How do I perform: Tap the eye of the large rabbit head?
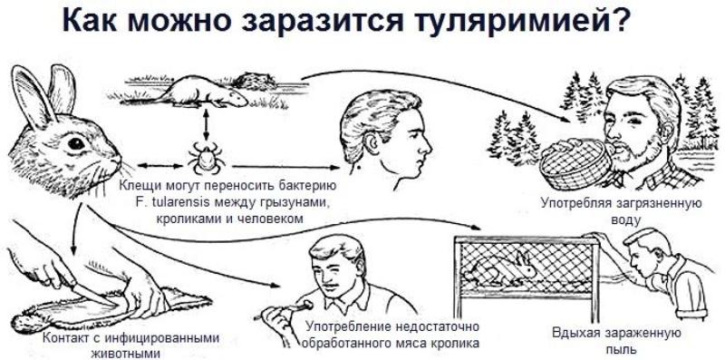pos(76,143)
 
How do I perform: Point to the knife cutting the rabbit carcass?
pos(95,294)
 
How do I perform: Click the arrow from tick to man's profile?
pos(285,167)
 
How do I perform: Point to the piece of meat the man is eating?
pos(303,306)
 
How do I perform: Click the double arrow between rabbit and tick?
pos(157,165)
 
